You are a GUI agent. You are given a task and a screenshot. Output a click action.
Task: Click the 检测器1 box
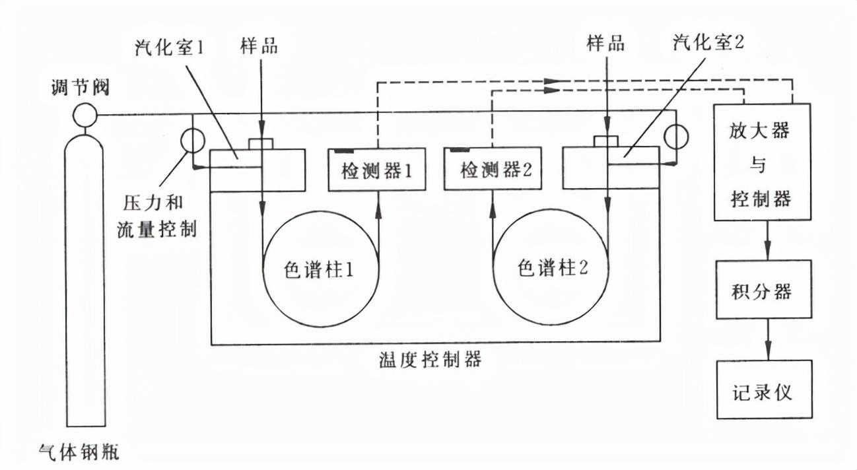click(376, 170)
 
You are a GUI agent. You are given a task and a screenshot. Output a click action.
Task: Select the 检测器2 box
click(491, 170)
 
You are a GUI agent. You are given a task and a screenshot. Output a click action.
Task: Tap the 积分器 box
click(763, 290)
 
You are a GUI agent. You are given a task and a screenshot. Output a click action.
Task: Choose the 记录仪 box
click(763, 389)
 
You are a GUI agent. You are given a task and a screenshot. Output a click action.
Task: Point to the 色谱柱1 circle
click(321, 271)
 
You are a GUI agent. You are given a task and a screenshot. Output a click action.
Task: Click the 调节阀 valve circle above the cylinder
click(85, 116)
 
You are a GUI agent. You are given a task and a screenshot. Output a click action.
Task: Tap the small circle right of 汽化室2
click(675, 137)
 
